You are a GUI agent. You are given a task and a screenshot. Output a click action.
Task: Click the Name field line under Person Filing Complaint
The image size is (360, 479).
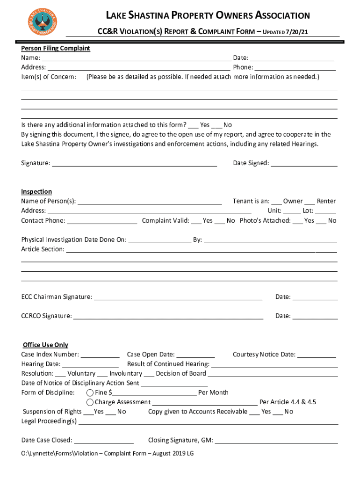pos(136,58)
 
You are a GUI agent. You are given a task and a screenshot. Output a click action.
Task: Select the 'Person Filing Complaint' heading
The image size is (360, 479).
pos(56,48)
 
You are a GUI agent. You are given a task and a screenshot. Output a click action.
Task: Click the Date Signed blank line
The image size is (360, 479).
pos(304,164)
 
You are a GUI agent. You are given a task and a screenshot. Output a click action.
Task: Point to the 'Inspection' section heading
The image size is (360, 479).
pos(36,191)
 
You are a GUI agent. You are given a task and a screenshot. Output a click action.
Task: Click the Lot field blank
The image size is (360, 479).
pos(325,211)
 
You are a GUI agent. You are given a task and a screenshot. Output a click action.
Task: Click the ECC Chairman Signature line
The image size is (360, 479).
pos(178,298)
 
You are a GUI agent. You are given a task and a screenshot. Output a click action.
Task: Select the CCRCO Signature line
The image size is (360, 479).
pos(168,317)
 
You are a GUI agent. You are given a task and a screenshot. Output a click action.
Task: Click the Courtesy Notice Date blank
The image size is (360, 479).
pos(317,355)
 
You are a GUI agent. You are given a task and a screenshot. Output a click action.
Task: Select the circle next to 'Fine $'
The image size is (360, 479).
pos(90,392)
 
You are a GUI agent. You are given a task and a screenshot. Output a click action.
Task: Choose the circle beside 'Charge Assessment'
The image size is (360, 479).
pos(90,402)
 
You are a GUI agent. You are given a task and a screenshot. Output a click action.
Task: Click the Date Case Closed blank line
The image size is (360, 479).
pos(104,441)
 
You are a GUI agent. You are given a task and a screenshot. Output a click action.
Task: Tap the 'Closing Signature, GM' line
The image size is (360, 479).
pos(276,441)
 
